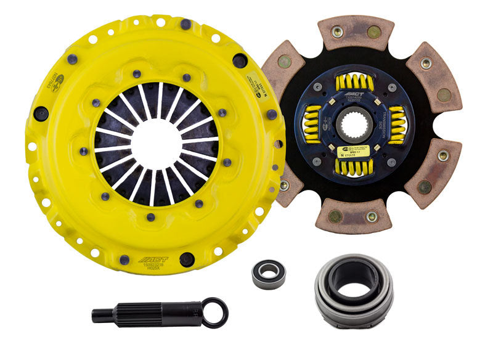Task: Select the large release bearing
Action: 347,289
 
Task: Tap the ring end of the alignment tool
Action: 214,312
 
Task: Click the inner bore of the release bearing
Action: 347,285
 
